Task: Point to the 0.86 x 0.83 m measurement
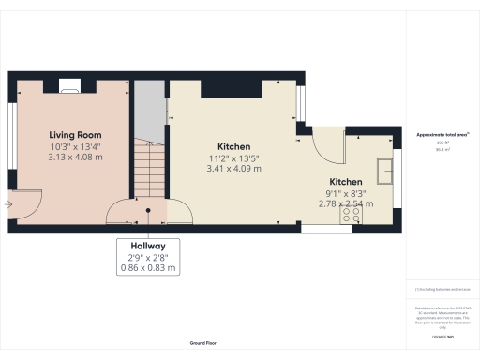coord(147,268)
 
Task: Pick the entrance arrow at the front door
coord(8,202)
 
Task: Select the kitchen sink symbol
coord(384,172)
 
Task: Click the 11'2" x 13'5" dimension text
coord(233,158)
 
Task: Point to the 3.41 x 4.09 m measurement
coord(233,169)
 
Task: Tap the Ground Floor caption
coord(203,344)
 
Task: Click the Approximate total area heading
coord(442,135)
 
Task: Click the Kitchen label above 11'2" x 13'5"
coord(233,147)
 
